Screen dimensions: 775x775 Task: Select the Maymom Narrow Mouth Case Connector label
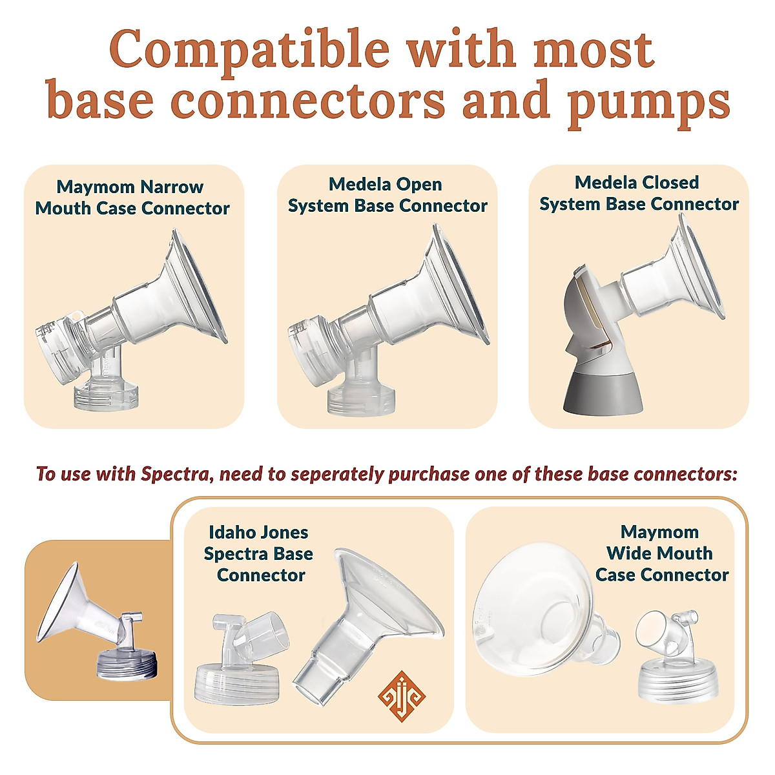tap(132, 198)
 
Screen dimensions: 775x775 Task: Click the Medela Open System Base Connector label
tap(387, 195)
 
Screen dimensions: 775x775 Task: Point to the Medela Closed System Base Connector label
tap(639, 193)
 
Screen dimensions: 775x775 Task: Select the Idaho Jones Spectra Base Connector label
tap(258, 553)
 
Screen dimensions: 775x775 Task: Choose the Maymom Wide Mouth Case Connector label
tap(661, 553)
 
